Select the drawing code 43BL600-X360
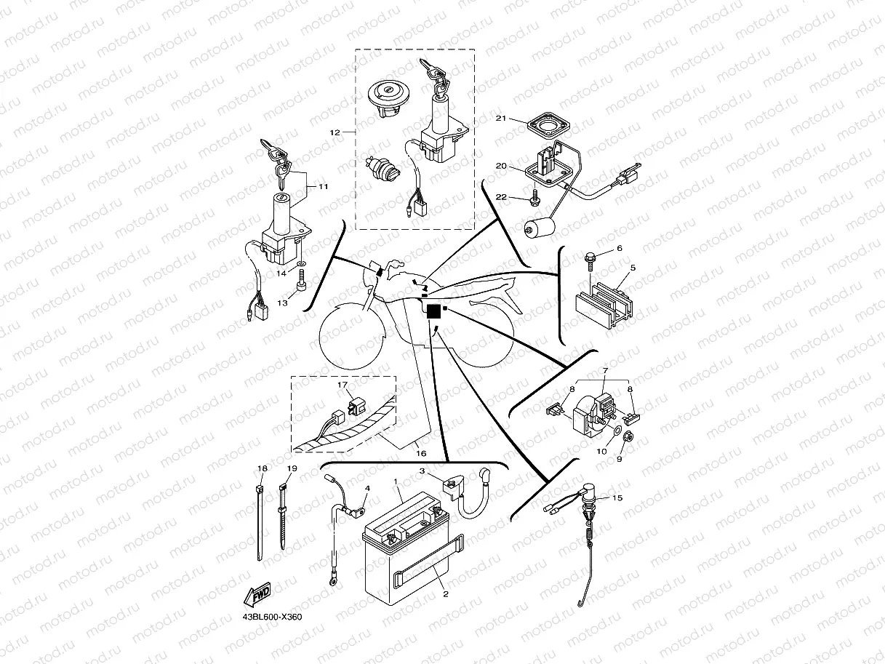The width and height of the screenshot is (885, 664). (x=272, y=617)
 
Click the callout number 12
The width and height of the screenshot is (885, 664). (x=335, y=132)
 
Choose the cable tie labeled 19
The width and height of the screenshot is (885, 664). (x=283, y=518)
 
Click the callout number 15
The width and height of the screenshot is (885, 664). (x=618, y=498)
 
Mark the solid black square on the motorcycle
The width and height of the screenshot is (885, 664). (x=434, y=311)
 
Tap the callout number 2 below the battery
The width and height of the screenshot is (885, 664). (x=445, y=593)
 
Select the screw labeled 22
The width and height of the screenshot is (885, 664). (x=536, y=196)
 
